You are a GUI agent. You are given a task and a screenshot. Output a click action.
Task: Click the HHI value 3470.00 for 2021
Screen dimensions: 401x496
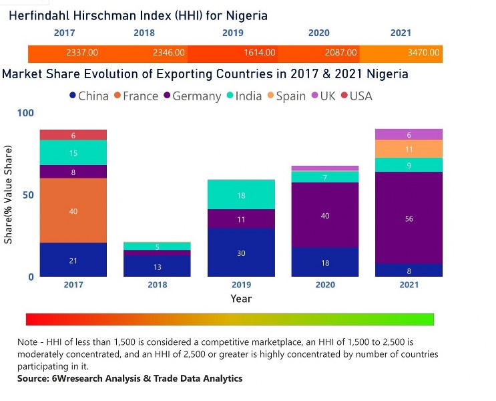(424, 52)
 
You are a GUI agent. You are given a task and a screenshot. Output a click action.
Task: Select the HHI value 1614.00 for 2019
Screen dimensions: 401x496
(259, 52)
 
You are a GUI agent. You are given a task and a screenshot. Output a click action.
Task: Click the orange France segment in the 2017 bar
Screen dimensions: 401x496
(73, 211)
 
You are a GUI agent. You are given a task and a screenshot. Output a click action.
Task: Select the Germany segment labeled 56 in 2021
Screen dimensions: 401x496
(409, 218)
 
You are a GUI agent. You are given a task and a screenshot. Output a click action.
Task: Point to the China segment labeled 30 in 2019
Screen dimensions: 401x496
(241, 253)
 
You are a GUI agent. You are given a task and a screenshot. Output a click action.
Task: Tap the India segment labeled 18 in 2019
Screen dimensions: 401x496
(241, 195)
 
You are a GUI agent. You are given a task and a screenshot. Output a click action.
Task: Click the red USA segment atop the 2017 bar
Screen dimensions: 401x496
(73, 135)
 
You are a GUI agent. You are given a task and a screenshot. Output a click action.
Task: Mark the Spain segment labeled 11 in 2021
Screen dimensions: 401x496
(409, 149)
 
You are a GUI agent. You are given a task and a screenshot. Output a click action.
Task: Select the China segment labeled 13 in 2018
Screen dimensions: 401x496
(157, 267)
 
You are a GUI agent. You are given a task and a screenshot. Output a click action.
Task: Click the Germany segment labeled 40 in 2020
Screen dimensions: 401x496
(324, 215)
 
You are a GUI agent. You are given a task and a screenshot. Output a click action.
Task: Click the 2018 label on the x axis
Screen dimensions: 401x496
(157, 285)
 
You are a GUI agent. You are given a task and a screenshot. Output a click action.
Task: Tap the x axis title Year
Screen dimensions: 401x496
(241, 299)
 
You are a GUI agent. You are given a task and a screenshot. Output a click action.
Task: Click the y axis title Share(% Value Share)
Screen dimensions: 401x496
(9, 195)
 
